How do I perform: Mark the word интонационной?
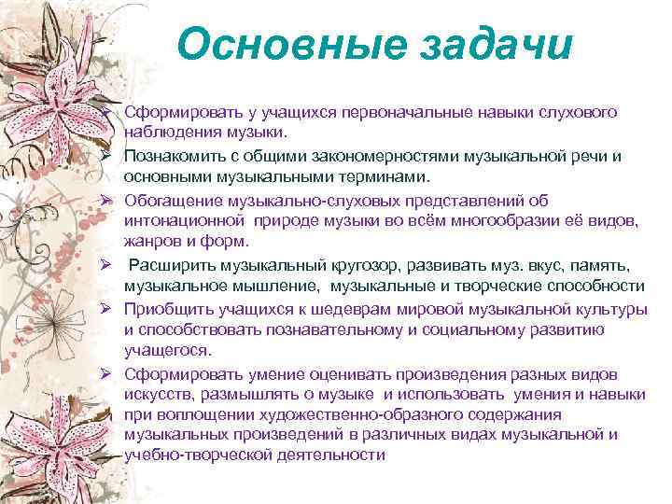[183, 220]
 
